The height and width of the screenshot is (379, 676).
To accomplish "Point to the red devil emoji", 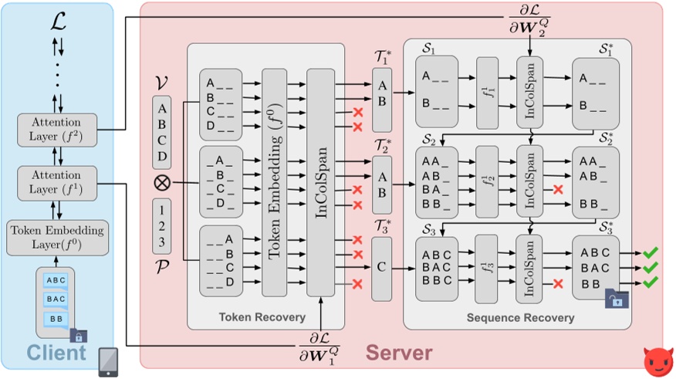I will tap(657, 360).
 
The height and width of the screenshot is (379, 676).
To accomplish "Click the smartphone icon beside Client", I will tap(110, 360).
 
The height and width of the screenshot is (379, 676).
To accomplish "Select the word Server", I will tap(399, 353).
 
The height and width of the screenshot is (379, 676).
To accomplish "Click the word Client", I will tap(57, 353).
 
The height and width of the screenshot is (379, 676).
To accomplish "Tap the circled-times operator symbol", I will tap(162, 184).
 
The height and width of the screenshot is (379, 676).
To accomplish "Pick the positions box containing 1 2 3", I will tap(162, 226).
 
